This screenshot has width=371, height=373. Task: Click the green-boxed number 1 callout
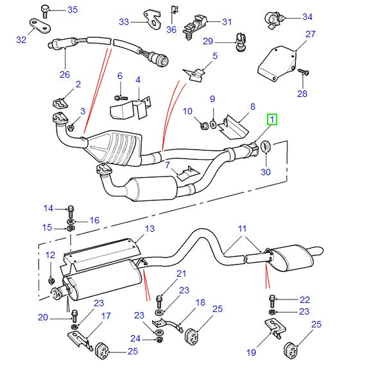pyautogui.click(x=272, y=119)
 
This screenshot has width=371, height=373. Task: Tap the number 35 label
pyautogui.click(x=72, y=10)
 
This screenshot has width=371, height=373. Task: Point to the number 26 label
pyautogui.click(x=65, y=74)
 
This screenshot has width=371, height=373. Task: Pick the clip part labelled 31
pyautogui.click(x=191, y=26)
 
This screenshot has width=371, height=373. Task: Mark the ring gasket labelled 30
pyautogui.click(x=266, y=150)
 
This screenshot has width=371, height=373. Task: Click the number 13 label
pyautogui.click(x=149, y=229)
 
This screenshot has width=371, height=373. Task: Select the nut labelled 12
pyautogui.click(x=51, y=280)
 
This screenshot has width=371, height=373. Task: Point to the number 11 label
pyautogui.click(x=242, y=228)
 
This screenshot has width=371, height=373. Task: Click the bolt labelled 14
pyautogui.click(x=70, y=209)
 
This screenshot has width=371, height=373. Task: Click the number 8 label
pyautogui.click(x=253, y=107)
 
